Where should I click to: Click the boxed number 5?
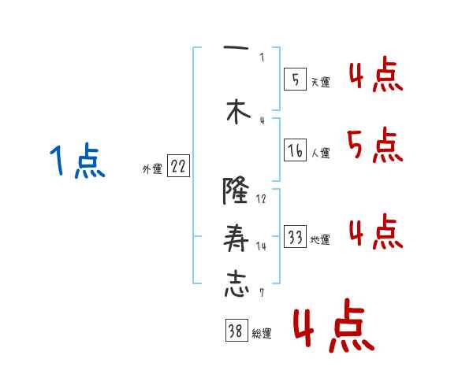(x=295, y=80)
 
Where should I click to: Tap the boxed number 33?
(x=295, y=237)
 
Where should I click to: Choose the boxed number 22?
(x=178, y=167)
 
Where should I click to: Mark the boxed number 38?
(x=236, y=332)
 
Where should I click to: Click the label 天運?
(x=321, y=82)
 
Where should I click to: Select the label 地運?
(x=321, y=239)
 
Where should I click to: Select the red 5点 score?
(x=374, y=146)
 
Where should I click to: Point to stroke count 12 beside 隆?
(x=262, y=199)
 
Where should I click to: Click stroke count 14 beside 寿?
(x=262, y=246)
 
